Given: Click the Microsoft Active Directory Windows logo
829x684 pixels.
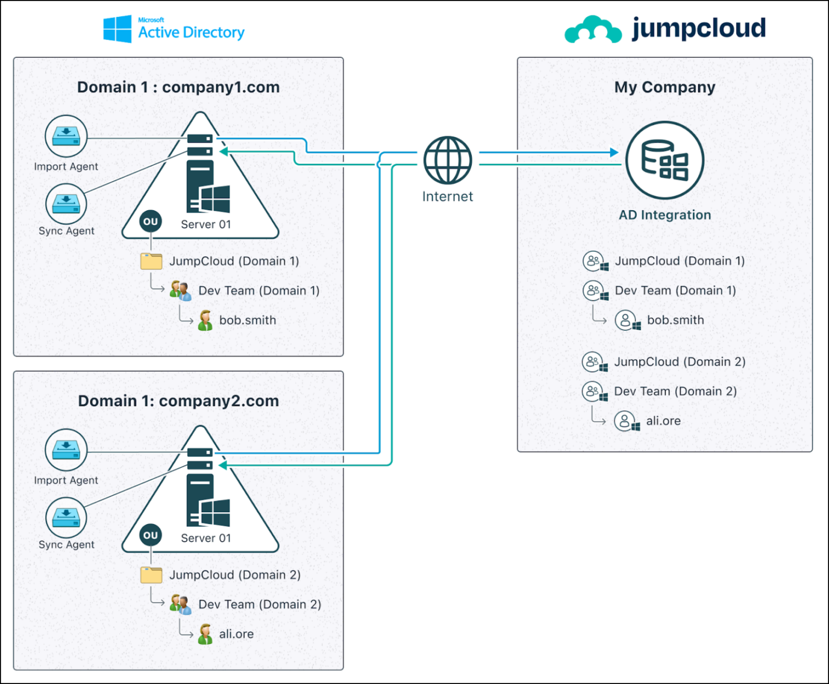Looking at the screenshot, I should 117,29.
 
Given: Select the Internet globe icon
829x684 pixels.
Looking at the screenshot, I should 447,160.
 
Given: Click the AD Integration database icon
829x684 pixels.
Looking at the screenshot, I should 664,160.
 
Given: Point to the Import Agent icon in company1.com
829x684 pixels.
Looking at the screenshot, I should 66,136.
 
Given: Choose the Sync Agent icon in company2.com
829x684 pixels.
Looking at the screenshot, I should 66,518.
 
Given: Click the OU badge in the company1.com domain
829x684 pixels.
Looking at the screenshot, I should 151,222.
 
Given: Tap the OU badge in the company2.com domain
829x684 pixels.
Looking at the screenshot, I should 151,535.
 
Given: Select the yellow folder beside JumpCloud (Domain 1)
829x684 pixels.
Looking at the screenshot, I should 151,261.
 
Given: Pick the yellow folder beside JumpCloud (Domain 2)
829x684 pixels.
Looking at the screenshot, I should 151,575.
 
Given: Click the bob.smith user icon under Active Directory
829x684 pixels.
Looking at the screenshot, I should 205,320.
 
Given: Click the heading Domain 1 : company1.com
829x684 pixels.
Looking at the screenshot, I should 178,87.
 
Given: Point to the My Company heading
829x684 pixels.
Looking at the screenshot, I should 664,87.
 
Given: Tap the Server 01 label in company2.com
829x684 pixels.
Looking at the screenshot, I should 206,538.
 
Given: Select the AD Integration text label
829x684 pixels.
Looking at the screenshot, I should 664,215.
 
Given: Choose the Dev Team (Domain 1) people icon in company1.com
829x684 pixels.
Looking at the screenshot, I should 180,291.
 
